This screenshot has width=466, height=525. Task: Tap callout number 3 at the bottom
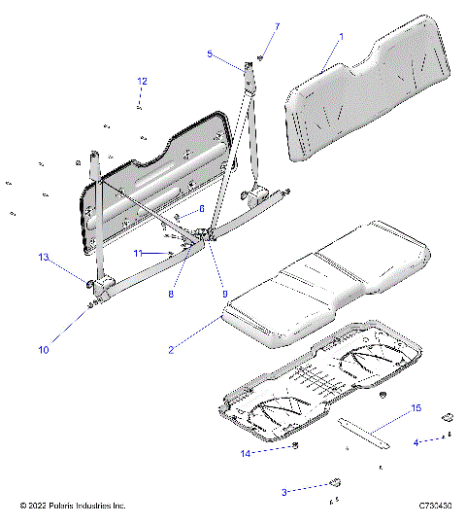pos(285,493)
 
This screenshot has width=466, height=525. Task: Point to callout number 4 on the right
pos(416,442)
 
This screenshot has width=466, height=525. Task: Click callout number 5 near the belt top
pos(210,55)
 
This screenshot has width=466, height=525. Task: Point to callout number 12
pos(142,82)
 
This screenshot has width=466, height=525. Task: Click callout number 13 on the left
pos(43,258)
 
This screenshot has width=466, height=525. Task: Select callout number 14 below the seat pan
pos(245,454)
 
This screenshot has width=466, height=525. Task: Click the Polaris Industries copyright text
pos(73,507)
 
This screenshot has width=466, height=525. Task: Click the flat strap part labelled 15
pos(364,429)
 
